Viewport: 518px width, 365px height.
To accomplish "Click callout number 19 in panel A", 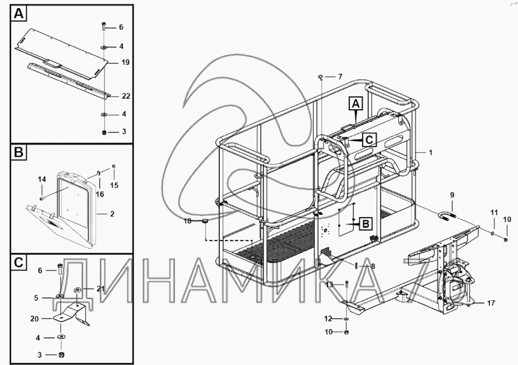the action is [x=125, y=62].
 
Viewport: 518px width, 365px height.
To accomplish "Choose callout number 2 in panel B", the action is [x=112, y=214].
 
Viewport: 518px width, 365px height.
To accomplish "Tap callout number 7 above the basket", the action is [x=340, y=77].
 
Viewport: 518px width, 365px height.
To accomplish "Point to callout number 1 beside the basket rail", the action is [x=431, y=153].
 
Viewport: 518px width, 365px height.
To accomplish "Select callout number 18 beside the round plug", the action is [x=187, y=221].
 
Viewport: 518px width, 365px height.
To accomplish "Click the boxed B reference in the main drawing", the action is [x=366, y=224].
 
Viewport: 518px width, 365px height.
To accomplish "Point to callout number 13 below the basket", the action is [x=329, y=284].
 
